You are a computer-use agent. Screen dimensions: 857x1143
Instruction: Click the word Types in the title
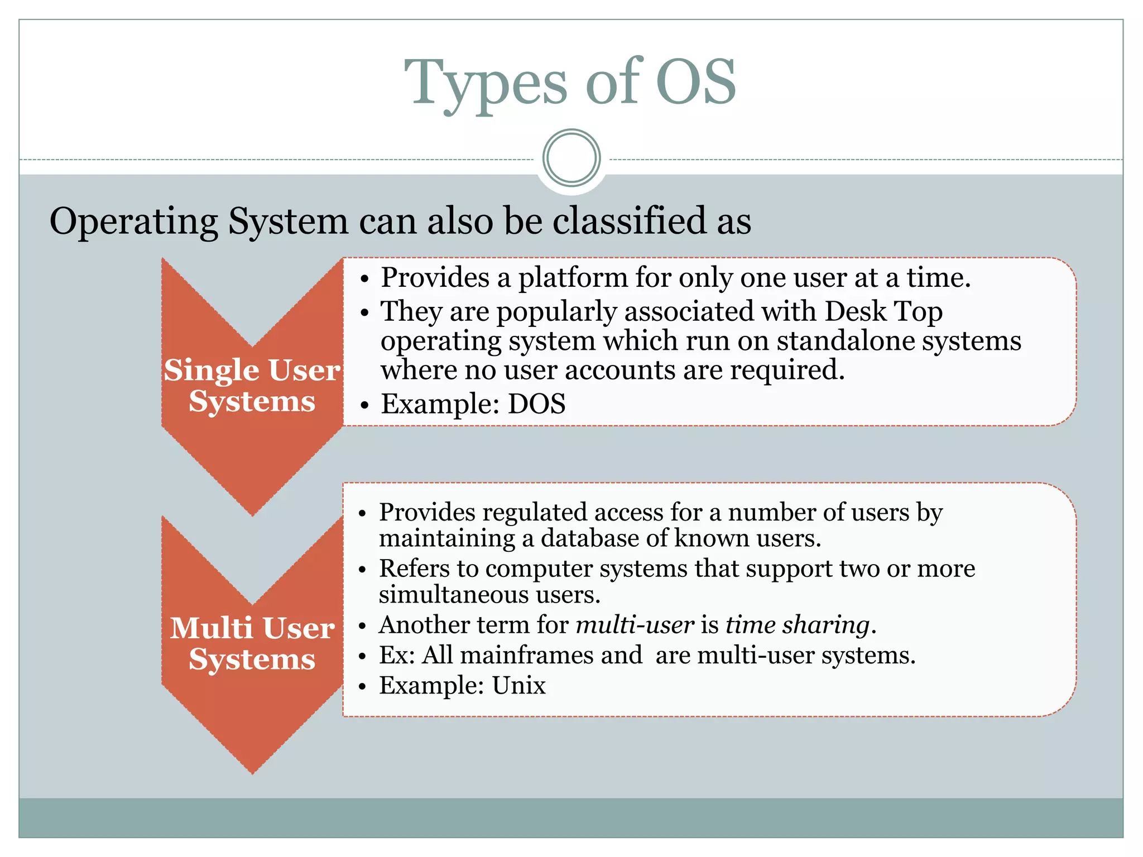click(x=486, y=84)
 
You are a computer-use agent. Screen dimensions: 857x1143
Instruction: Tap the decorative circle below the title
click(x=571, y=158)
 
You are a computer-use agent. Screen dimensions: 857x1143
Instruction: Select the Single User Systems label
click(x=252, y=385)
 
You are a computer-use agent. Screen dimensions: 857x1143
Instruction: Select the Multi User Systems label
click(x=252, y=643)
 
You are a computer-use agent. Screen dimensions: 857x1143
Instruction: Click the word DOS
click(x=536, y=403)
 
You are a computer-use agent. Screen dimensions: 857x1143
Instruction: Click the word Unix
click(x=518, y=685)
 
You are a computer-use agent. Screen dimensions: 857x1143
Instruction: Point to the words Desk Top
click(x=883, y=311)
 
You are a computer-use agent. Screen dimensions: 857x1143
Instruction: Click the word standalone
click(x=845, y=341)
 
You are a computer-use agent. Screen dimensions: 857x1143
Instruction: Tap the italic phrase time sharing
click(x=798, y=625)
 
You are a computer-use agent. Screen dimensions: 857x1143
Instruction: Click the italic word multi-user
click(x=635, y=625)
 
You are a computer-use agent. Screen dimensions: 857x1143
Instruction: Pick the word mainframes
click(x=526, y=655)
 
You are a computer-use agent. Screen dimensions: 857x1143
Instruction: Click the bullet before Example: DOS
click(x=364, y=405)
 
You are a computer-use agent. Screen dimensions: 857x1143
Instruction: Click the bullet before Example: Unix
click(x=363, y=686)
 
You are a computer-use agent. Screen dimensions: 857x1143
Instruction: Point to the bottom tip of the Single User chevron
click(x=252, y=514)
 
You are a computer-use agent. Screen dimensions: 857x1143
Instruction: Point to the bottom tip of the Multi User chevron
click(x=252, y=773)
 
